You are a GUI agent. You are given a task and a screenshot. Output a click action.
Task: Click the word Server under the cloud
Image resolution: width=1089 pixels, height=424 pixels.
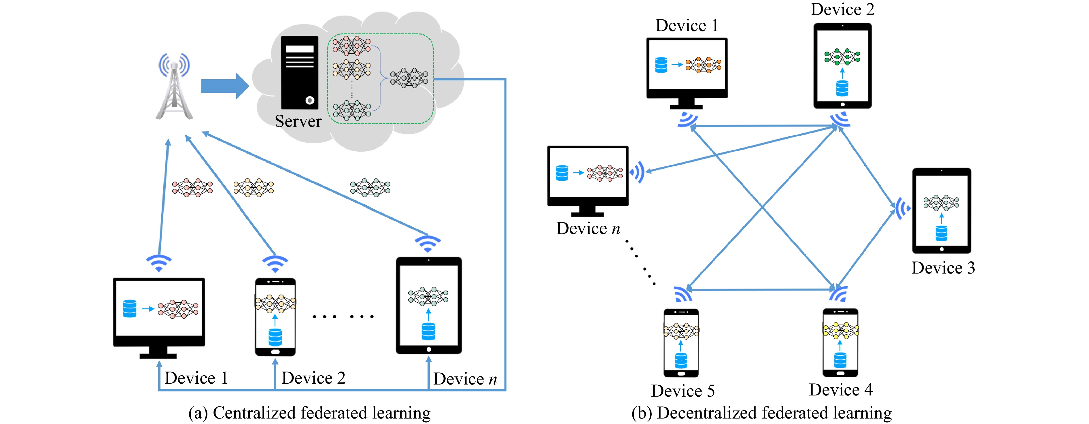[x=298, y=121]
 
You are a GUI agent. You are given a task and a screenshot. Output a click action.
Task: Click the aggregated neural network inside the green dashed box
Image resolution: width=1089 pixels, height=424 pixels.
[x=409, y=78]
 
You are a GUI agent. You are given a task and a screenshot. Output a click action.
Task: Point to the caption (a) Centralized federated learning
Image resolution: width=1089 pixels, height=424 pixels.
[x=309, y=412]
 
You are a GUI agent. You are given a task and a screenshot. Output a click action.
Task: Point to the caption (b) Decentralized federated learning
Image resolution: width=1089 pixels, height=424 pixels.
[x=761, y=412]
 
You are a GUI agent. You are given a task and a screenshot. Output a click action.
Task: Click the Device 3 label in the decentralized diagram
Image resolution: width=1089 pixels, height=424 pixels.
[x=943, y=268]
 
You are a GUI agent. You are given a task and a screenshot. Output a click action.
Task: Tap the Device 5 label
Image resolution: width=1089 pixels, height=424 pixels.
[x=683, y=391]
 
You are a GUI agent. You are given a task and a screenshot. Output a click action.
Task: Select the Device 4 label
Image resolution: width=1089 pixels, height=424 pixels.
[x=841, y=390]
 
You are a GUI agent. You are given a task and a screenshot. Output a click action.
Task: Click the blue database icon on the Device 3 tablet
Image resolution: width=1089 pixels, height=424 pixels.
[x=941, y=233]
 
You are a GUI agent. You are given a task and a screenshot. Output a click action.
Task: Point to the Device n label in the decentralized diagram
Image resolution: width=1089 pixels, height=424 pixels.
[x=588, y=229]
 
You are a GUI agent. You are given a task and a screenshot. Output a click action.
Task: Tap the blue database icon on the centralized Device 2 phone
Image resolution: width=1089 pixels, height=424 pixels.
[x=275, y=337]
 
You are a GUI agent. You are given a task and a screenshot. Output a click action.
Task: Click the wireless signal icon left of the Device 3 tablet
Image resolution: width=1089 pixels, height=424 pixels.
[x=902, y=208]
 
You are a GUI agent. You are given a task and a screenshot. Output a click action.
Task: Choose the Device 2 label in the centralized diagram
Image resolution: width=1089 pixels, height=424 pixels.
[x=314, y=378]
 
